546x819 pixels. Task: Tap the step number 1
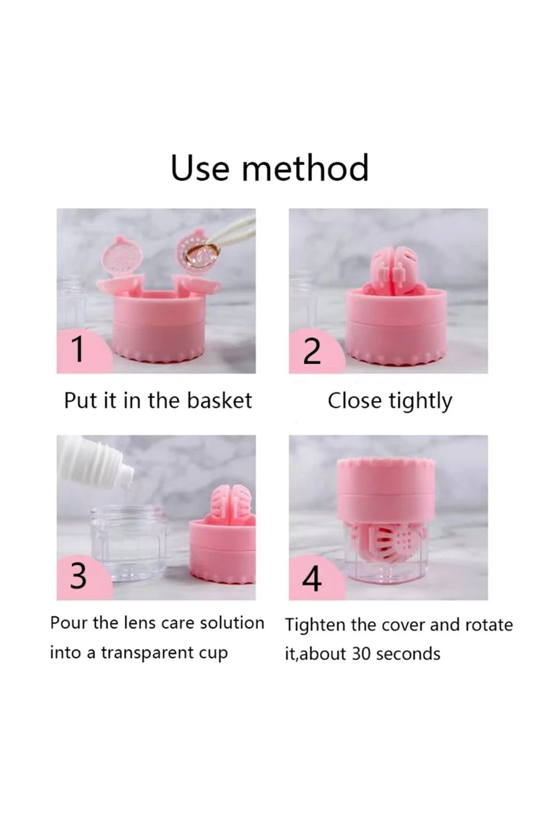tap(78, 349)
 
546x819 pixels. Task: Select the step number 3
tap(78, 576)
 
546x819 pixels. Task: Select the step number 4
tap(312, 578)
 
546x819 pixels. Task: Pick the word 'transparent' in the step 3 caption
tap(150, 653)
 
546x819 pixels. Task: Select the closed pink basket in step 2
tap(389, 268)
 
